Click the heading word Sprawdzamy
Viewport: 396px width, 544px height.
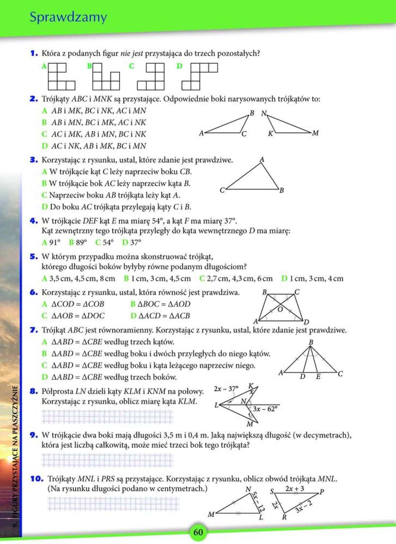pos(68,17)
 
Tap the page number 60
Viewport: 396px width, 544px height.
pos(198,532)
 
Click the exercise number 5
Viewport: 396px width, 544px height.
pos(34,256)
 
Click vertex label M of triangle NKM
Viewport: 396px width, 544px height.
pos(315,133)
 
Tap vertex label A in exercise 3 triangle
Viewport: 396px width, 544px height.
pos(262,160)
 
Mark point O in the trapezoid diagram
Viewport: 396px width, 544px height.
pos(280,310)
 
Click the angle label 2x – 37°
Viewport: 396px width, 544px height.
pos(226,388)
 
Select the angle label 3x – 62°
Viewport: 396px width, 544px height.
pos(265,409)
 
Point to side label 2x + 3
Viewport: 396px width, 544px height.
pos(294,489)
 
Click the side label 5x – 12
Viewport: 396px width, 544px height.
pos(258,502)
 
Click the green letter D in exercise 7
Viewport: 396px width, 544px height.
pos(44,377)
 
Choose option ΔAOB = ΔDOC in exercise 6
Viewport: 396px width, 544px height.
pos(78,316)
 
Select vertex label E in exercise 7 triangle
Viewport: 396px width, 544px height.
pos(318,377)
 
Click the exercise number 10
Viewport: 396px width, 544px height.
pos(37,479)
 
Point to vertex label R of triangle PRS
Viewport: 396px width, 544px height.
pos(284,517)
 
